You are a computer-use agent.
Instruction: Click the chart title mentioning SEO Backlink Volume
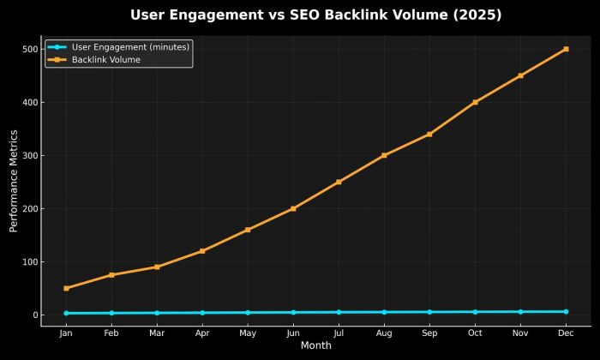[x=315, y=15]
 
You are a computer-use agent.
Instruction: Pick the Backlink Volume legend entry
[x=105, y=60]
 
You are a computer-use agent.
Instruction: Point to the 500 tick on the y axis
[x=31, y=49]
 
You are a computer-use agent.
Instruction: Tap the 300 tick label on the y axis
[x=31, y=155]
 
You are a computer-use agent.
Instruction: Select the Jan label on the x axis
[x=66, y=333]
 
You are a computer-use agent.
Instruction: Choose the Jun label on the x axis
[x=293, y=333]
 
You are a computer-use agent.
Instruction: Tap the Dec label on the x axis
[x=566, y=333]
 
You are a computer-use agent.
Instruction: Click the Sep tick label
[x=429, y=333]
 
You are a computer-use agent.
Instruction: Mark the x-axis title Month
[x=315, y=345]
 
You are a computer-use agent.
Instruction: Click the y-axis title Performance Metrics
[x=14, y=181]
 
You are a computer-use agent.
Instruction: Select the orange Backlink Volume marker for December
[x=566, y=49]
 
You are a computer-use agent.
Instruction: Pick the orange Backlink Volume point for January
[x=66, y=288]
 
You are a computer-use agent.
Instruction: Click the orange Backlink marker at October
[x=475, y=102]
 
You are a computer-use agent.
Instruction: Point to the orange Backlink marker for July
[x=339, y=182]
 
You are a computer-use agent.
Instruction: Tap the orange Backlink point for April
[x=202, y=251]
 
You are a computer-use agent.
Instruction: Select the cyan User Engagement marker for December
[x=566, y=311]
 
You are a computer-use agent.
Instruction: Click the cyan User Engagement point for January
[x=66, y=313]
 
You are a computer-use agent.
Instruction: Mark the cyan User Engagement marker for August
[x=384, y=312]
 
